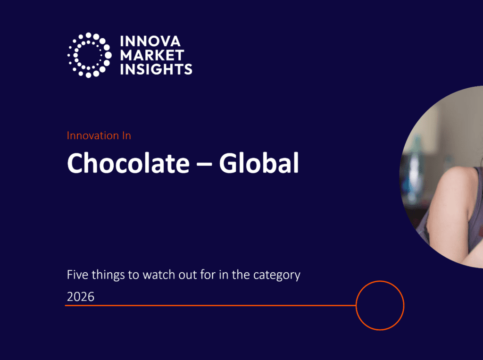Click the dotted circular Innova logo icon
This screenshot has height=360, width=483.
coord(89,55)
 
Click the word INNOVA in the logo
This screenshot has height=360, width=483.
coord(150,42)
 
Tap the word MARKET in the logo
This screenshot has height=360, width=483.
coord(152,56)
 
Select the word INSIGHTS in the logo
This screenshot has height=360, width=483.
coord(156,69)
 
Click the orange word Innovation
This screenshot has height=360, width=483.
coord(93,135)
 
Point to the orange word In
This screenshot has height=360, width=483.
coord(126,135)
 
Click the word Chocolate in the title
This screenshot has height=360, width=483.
coord(128,163)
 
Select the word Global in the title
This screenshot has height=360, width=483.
coord(259,163)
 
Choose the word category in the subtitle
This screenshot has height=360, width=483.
coord(276,275)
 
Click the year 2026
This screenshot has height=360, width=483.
coord(81,296)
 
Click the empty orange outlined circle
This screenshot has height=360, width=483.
coord(380,281)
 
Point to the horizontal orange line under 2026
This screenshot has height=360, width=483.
coord(210,305)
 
